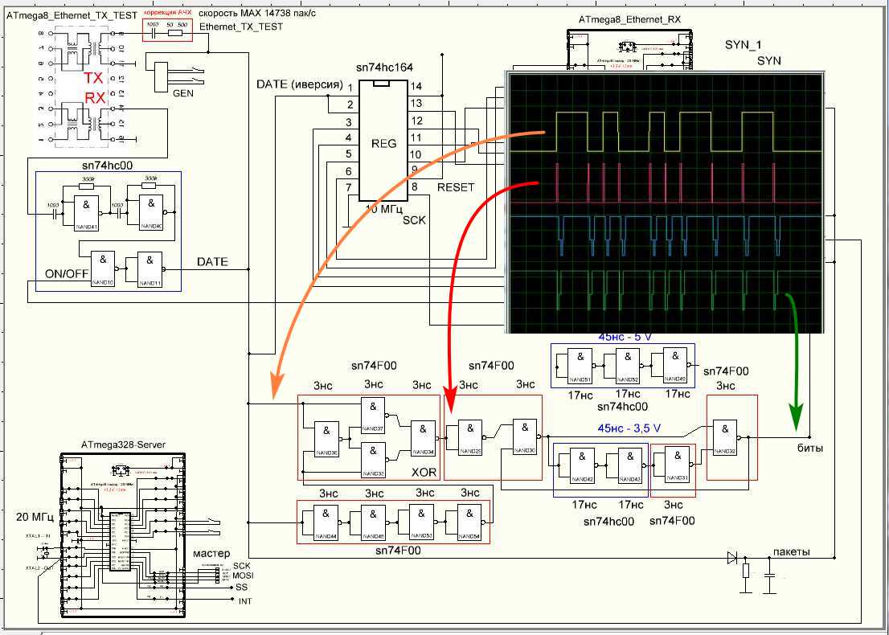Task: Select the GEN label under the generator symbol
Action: [182, 92]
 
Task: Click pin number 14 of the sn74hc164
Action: [416, 86]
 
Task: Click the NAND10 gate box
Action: [103, 268]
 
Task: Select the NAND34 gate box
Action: [423, 436]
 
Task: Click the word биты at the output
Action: [809, 449]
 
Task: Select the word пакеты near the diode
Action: [791, 552]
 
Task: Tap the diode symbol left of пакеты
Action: [731, 557]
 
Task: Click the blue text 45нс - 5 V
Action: [625, 337]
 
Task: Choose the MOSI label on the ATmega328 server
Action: [244, 576]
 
